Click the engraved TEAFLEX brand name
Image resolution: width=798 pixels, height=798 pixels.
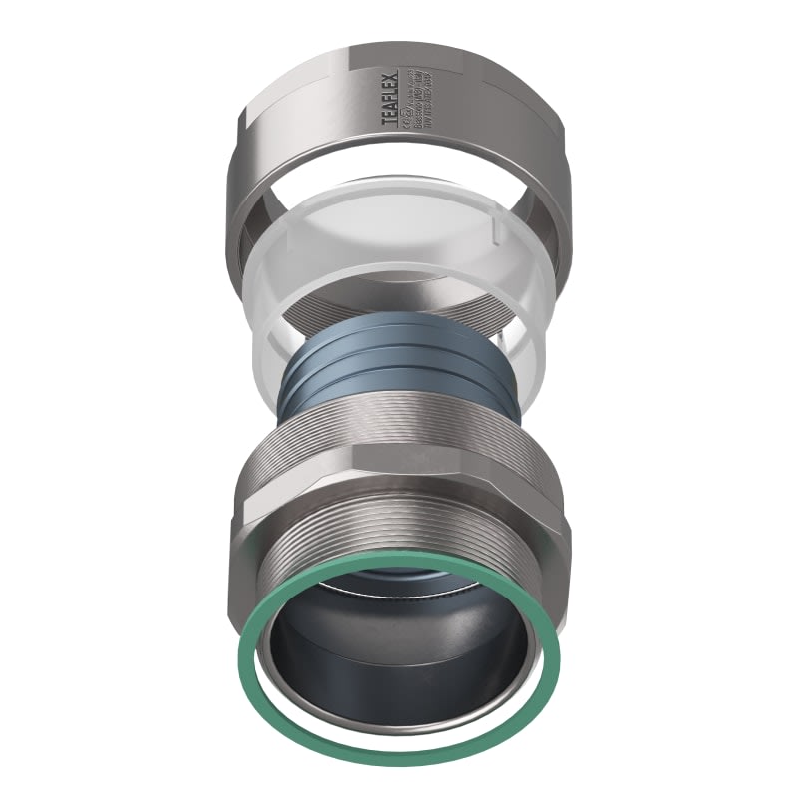(391, 98)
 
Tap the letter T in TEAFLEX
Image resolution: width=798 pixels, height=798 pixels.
(391, 121)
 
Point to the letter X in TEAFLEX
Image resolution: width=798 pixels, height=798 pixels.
(391, 75)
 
